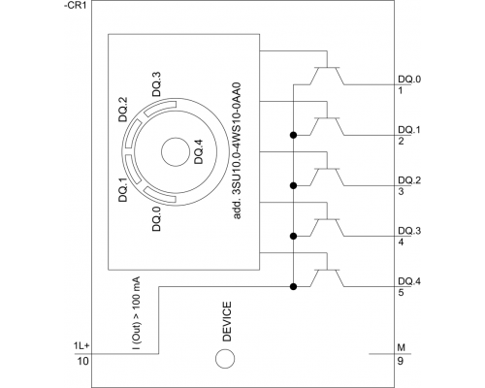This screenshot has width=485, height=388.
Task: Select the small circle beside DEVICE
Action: click(x=225, y=359)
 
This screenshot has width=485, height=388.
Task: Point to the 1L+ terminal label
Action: click(x=81, y=345)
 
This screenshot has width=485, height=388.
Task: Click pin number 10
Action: click(x=82, y=361)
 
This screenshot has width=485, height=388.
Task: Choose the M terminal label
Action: click(x=402, y=345)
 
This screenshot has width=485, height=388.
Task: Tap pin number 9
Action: click(x=402, y=361)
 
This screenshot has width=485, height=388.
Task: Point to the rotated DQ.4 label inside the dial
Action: click(x=198, y=154)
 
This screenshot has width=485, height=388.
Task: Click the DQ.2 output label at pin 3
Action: click(x=409, y=179)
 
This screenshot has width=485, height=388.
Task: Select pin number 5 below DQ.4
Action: click(x=401, y=293)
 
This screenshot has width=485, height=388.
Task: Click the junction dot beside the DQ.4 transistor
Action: click(x=292, y=286)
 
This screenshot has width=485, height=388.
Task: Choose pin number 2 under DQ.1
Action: click(x=401, y=142)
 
